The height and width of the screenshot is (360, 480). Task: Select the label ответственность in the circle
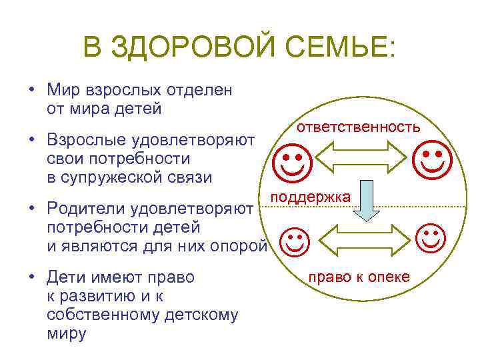click(359, 127)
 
